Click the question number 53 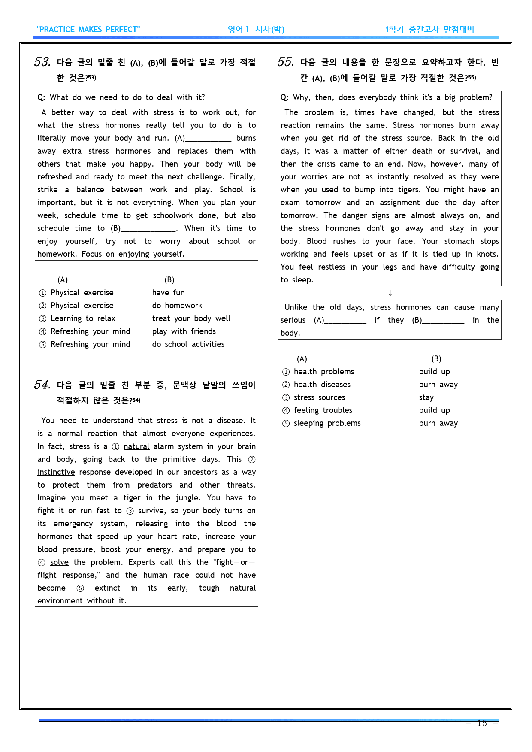(42, 62)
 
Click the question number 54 (42, 385)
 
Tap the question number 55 (285, 62)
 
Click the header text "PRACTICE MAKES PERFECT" (88, 30)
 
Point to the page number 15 (482, 723)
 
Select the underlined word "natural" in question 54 (136, 446)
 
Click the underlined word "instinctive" (56, 472)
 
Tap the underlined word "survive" (151, 511)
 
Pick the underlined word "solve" (59, 562)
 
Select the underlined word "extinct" (107, 588)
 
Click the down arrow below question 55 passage (390, 293)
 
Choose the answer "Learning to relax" (83, 318)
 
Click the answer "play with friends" (184, 331)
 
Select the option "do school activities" (188, 344)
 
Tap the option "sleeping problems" (327, 423)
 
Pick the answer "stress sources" (319, 397)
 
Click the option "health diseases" (322, 385)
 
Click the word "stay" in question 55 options (426, 397)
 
